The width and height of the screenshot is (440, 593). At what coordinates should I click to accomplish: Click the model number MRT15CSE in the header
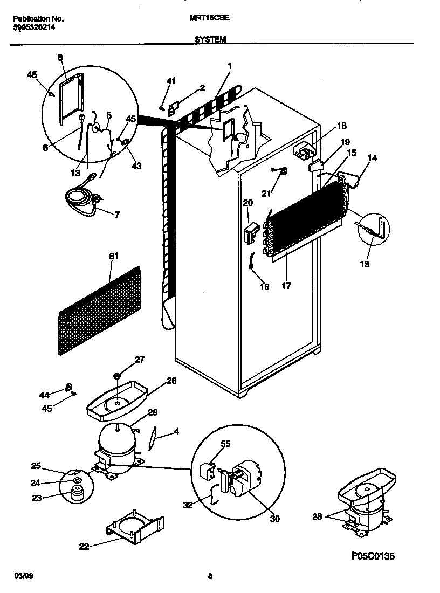click(210, 17)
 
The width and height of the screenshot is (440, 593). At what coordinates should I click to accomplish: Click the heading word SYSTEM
click(210, 39)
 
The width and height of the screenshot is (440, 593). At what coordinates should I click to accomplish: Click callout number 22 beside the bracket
click(84, 547)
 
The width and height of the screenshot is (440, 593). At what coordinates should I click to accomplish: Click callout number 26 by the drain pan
click(171, 380)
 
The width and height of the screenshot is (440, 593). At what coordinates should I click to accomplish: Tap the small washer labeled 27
click(116, 375)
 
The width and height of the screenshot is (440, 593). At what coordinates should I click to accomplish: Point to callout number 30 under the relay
click(274, 519)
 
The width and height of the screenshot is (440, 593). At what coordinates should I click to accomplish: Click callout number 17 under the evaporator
click(286, 286)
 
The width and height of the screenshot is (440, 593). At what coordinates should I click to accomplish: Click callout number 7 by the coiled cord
click(117, 215)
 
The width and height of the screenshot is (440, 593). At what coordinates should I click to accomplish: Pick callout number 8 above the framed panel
click(59, 57)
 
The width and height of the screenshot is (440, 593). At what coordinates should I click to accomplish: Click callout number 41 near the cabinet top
click(171, 81)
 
